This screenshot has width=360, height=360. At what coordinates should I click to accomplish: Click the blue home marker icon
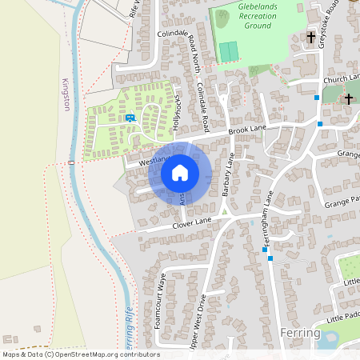180,173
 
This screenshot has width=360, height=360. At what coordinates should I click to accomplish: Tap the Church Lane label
342,78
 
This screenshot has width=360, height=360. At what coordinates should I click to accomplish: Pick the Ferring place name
301,333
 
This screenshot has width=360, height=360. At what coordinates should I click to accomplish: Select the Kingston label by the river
66,94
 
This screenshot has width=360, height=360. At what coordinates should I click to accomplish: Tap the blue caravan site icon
130,118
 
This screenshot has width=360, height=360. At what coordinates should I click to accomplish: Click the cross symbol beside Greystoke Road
311,37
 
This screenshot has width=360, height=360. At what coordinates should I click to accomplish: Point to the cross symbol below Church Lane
348,98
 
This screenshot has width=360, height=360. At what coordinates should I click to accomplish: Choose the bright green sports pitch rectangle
230,50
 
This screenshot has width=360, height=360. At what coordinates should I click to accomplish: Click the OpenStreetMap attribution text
80,354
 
